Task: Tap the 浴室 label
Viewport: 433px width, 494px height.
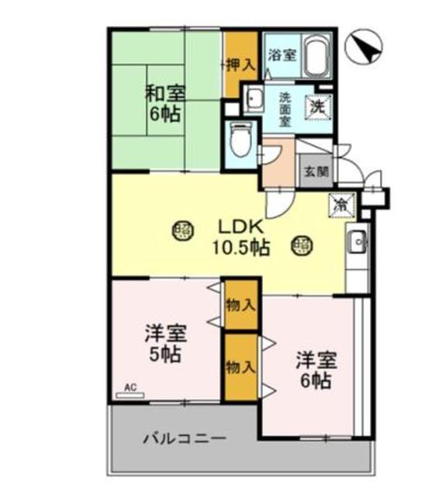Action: (281, 55)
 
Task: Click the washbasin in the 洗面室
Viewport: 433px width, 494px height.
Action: (254, 97)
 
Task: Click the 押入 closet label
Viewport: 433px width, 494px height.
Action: (241, 66)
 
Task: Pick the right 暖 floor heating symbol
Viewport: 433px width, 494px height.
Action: (302, 246)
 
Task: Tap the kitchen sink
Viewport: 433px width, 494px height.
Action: (356, 243)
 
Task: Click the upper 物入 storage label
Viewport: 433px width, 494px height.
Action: (240, 304)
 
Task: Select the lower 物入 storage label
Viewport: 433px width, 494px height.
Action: (240, 365)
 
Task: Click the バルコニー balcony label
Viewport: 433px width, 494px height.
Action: (185, 439)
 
